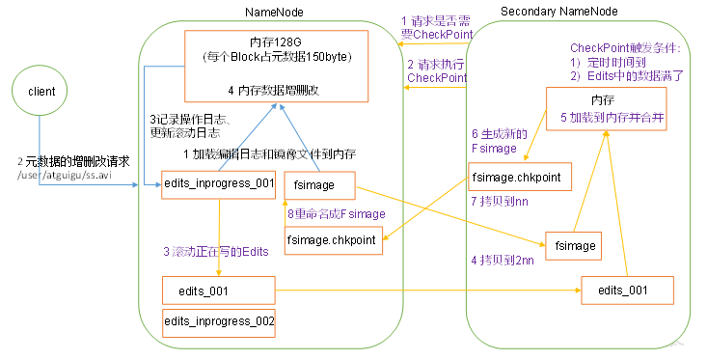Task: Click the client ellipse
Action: coord(40,92)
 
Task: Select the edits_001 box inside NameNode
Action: coord(219,289)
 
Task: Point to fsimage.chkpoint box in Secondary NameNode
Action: coord(520,178)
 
